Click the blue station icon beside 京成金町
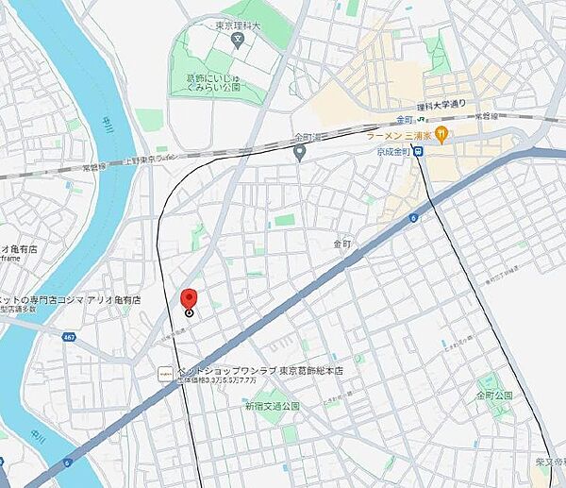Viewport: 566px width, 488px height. (418, 150)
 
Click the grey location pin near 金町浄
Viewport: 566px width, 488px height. (299, 152)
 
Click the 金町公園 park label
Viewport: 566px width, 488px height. (494, 394)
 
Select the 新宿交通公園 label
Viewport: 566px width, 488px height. (272, 405)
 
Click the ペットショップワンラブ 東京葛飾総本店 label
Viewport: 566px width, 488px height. (256, 371)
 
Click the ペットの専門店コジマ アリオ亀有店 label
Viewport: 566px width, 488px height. (71, 298)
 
